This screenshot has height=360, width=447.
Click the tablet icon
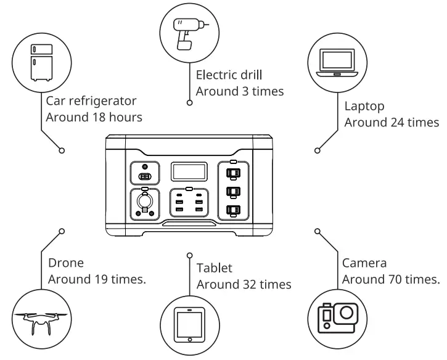pos(189,324)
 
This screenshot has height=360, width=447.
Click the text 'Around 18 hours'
pos(94,116)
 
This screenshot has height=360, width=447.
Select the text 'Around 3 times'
pos(240,91)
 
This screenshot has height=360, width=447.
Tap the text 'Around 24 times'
pos(392,122)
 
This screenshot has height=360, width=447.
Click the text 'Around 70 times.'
pos(391,279)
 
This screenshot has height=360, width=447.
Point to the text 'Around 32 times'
pos(244,284)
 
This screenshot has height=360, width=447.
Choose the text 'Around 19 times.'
pos(97,279)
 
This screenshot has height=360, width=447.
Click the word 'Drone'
pos(65,263)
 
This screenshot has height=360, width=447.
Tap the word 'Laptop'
pos(364,106)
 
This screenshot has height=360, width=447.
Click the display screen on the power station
pos(189,172)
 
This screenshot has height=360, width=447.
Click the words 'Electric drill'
pos(229,75)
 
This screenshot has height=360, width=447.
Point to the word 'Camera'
pos(364,263)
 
